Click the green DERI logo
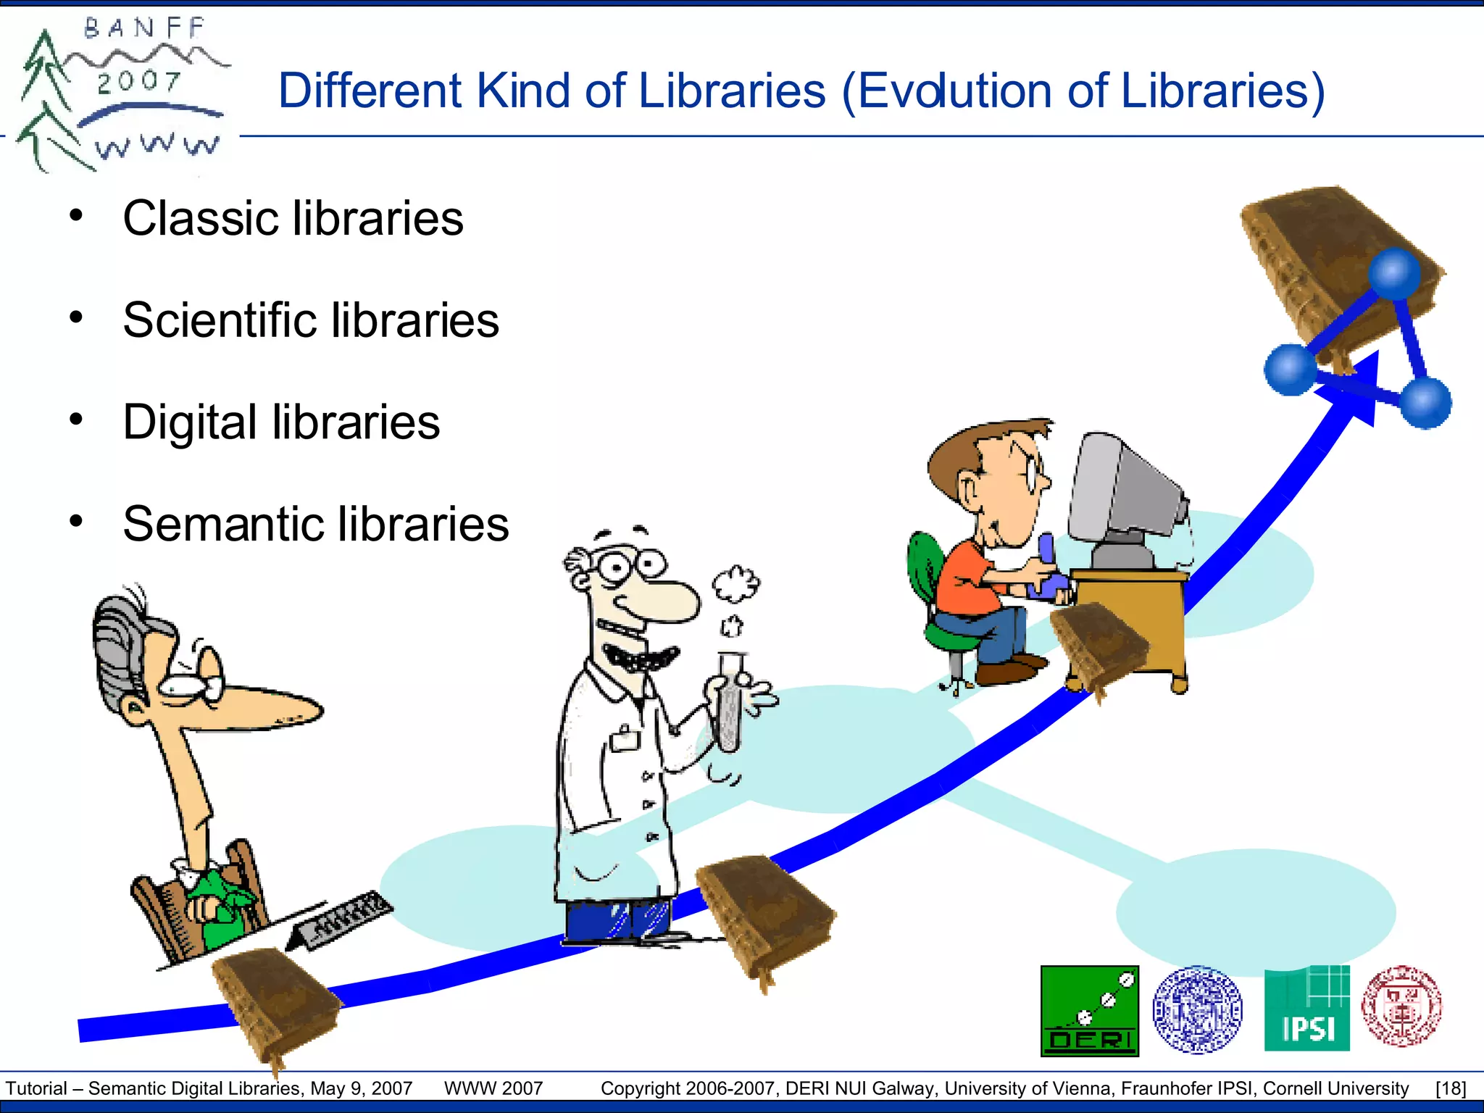click(x=1089, y=1011)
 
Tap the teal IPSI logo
click(x=1306, y=1009)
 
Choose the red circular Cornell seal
click(x=1401, y=1006)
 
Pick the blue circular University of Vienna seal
click(x=1197, y=1009)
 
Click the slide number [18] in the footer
click(x=1451, y=1088)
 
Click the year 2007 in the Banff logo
click(x=138, y=81)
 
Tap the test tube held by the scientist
click(x=730, y=699)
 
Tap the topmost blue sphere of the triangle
click(x=1394, y=274)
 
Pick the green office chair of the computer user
click(x=935, y=594)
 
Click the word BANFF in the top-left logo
click(x=145, y=28)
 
